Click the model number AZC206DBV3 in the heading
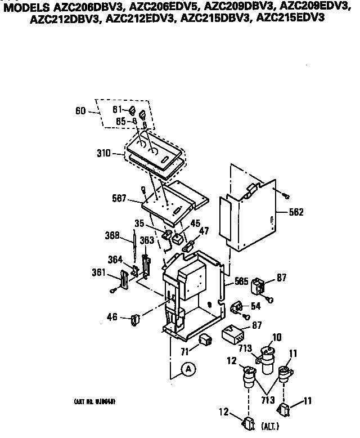(x=79, y=7)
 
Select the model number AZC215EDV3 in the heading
(x=295, y=17)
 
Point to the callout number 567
(x=120, y=198)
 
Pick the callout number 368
(x=113, y=235)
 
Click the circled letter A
(x=189, y=369)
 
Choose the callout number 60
(x=79, y=111)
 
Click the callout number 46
(x=111, y=318)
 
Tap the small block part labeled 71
(x=205, y=339)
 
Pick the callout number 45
(x=195, y=223)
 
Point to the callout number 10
(x=277, y=337)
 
